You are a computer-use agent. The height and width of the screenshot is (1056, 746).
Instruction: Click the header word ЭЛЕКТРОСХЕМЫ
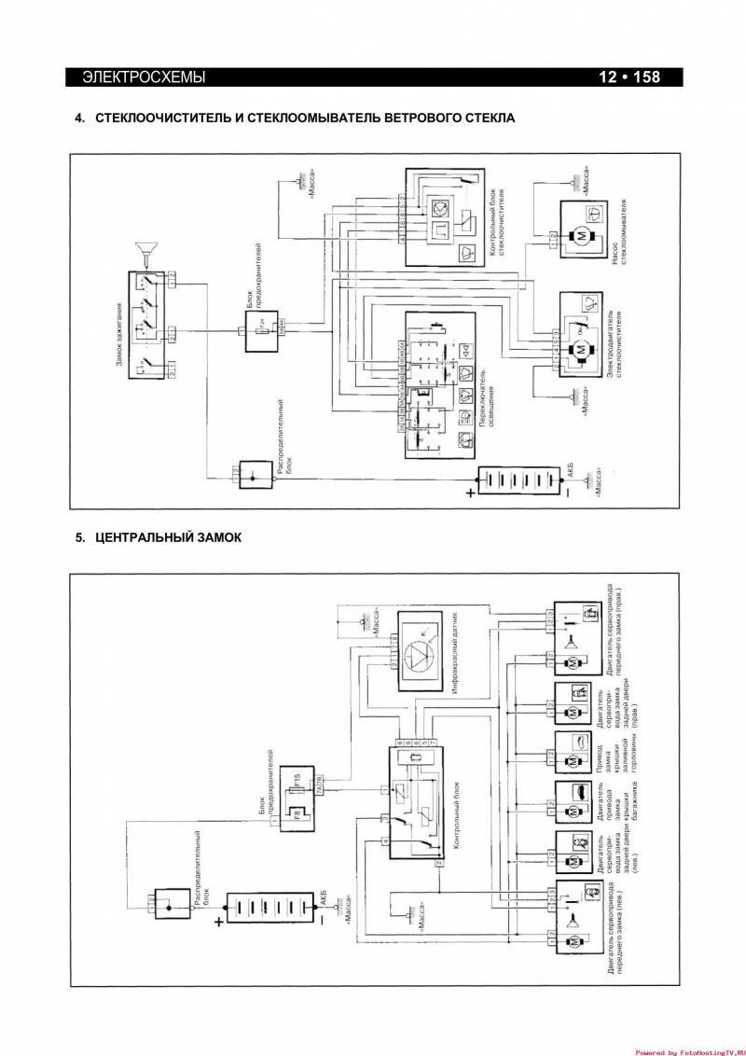[x=144, y=77]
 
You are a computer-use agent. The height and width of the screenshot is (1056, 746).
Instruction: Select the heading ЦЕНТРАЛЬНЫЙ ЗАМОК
[x=168, y=537]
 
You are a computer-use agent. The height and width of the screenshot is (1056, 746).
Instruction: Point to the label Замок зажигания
[x=120, y=327]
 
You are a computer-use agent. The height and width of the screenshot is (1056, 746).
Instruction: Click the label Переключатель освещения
[x=489, y=415]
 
